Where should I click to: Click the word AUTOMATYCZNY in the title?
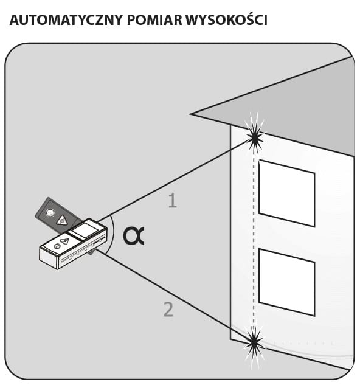[x=66, y=20]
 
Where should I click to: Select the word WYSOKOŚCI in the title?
[x=226, y=19]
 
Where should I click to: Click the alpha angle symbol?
[x=133, y=236]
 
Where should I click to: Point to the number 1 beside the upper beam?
[x=173, y=201]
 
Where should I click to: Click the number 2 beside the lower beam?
[x=168, y=310]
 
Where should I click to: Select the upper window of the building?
[x=287, y=193]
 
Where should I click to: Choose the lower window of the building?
[x=287, y=282]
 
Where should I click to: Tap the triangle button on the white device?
[x=64, y=241]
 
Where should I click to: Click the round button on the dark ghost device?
[x=50, y=213]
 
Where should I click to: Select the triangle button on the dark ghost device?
[x=62, y=220]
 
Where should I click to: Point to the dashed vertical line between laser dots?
[x=254, y=240]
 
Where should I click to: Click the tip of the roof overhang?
[x=190, y=114]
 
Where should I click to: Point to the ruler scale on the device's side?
[x=83, y=251]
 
